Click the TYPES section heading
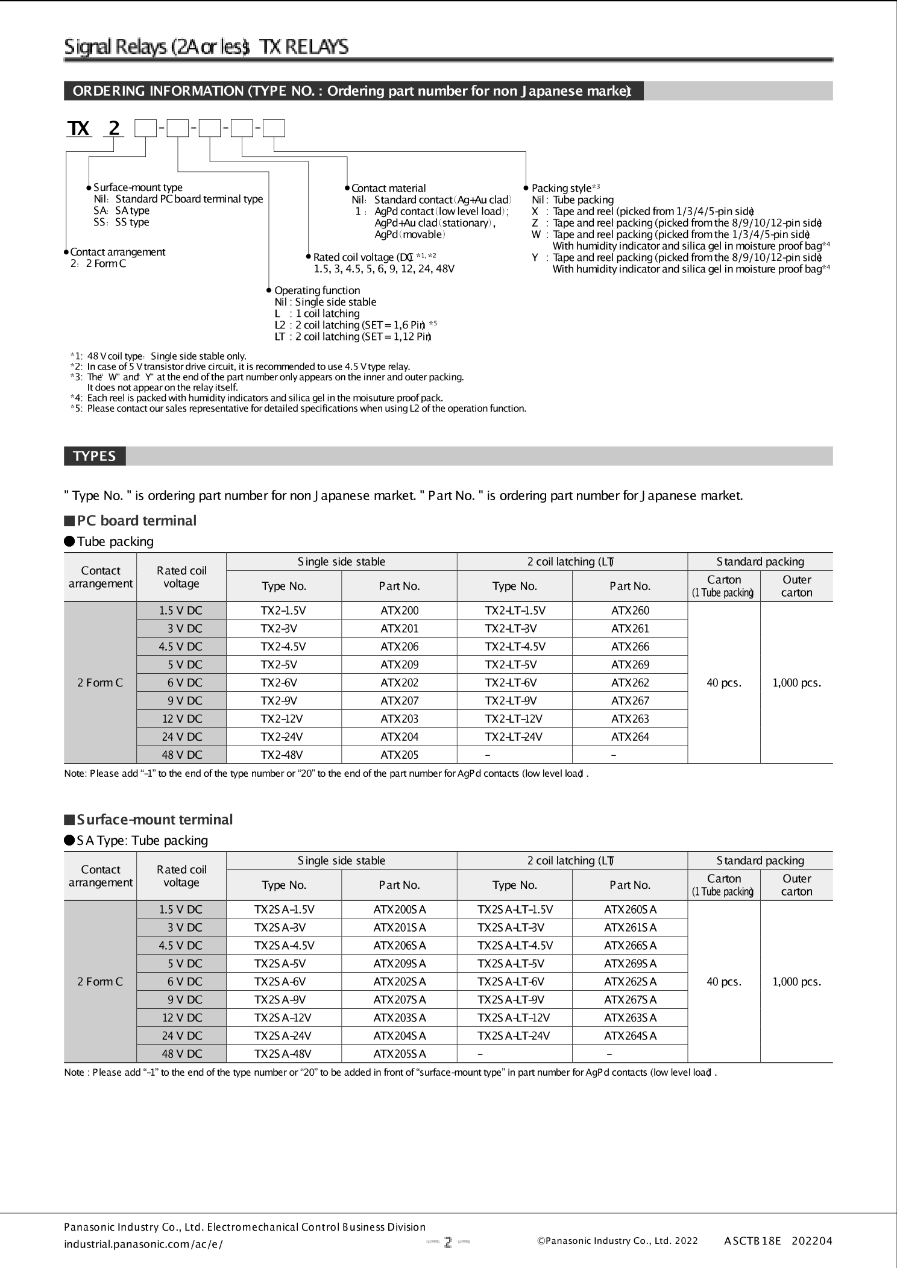pyautogui.click(x=95, y=456)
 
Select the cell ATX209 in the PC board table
pyautogui.click(x=399, y=665)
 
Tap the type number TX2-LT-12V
pyautogui.click(x=514, y=719)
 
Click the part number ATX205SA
pyautogui.click(x=399, y=1054)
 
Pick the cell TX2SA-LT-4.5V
pyautogui.click(x=514, y=946)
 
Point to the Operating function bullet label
pyautogui.click(x=317, y=290)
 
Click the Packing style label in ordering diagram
pyautogui.click(x=561, y=188)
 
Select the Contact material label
pyautogui.click(x=388, y=188)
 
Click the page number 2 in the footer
pyautogui.click(x=448, y=1242)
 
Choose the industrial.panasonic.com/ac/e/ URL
pyautogui.click(x=143, y=1244)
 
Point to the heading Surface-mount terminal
pyautogui.click(x=154, y=820)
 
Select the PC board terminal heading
pyautogui.click(x=136, y=521)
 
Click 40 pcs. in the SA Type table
pyautogui.click(x=723, y=982)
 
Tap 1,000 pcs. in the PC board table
pyautogui.click(x=796, y=683)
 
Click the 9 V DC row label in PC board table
pyautogui.click(x=181, y=701)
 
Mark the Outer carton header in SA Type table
pyautogui.click(x=796, y=885)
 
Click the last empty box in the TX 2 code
pyautogui.click(x=274, y=128)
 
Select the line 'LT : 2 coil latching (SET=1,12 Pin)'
pyautogui.click(x=353, y=337)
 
